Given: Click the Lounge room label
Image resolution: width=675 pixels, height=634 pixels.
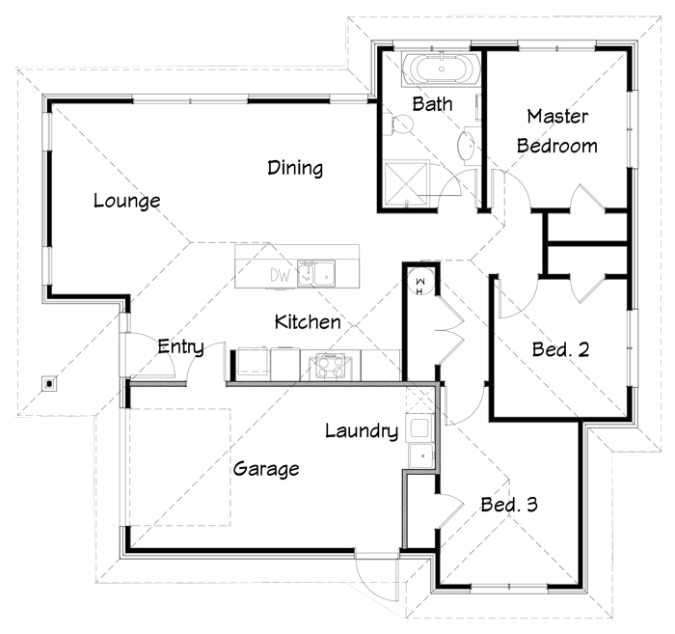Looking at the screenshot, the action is (x=127, y=201).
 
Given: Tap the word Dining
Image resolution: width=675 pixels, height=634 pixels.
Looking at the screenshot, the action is (x=295, y=168).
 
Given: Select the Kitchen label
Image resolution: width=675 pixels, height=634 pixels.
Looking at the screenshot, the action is (x=308, y=321).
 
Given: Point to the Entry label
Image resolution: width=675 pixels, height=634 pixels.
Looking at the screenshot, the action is (x=181, y=346).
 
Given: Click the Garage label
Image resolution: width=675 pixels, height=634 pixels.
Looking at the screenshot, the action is (x=266, y=469).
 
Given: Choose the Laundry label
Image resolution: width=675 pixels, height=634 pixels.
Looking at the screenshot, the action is (x=362, y=430).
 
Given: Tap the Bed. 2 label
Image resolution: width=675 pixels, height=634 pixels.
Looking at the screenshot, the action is (x=560, y=349).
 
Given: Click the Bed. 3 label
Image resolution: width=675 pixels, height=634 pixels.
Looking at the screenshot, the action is (x=509, y=505).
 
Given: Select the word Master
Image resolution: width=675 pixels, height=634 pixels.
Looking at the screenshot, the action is (x=557, y=117).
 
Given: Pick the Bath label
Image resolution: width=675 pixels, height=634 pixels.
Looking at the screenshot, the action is (x=432, y=104).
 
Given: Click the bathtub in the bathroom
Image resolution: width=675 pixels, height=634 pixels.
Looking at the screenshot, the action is (x=441, y=69).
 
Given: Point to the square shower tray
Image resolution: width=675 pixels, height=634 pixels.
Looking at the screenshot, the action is (x=406, y=184).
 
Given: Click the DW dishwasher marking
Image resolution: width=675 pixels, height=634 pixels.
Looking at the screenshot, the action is (x=281, y=275).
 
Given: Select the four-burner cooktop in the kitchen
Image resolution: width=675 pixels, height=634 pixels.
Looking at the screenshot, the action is (x=330, y=366).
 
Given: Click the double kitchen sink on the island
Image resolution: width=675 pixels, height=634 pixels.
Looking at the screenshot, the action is (x=316, y=273).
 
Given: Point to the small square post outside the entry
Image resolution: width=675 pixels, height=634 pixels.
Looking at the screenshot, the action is (x=49, y=383).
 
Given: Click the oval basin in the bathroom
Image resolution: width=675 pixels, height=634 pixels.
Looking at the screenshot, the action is (x=466, y=146).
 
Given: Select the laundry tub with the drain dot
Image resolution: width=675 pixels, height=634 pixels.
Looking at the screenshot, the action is (x=421, y=456).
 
